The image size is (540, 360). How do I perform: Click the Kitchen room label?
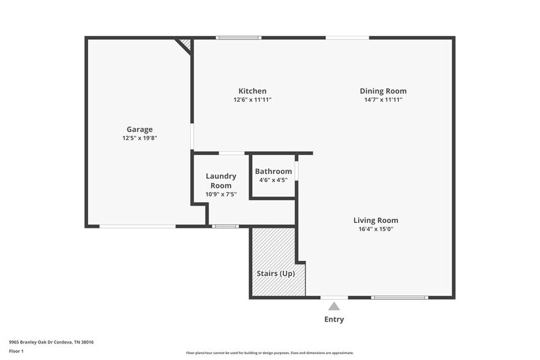coord(252,91)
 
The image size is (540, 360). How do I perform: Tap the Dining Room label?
coord(383,91)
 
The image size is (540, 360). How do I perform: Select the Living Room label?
coord(375,220)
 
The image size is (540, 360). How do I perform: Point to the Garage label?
coord(140,129)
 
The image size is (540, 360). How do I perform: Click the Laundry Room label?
coord(221,181)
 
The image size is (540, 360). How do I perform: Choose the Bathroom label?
coord(273,171)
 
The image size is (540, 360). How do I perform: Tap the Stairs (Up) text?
coord(276,273)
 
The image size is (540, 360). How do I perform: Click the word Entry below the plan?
coord(334,319)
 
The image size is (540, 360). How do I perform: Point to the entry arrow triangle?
coord(334,306)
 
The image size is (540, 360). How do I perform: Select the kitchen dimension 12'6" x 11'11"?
coord(252,100)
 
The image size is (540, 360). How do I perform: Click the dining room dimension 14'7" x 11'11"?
coord(383,100)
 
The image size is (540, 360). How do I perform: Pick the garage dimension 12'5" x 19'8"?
coord(140,138)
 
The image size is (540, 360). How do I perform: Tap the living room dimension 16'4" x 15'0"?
coord(375,230)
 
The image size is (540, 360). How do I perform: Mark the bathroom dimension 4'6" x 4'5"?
coord(273,180)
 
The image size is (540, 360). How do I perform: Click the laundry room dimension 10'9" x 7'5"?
coord(221,195)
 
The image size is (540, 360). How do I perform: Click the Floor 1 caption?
coord(16,351)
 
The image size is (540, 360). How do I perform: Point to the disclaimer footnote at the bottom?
coord(269,353)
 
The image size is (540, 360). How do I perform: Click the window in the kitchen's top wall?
coord(239,38)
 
